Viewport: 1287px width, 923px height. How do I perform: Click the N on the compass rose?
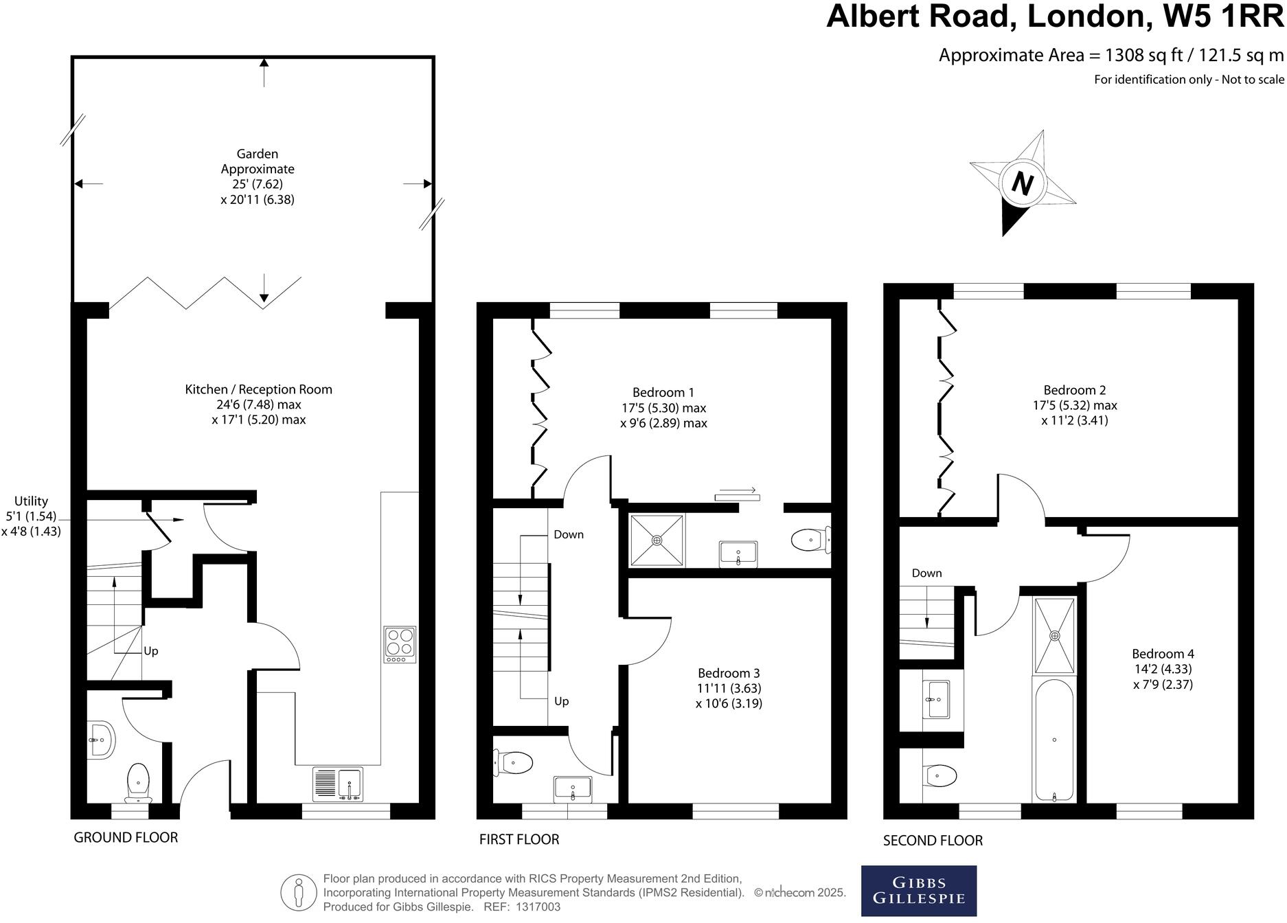pyautogui.click(x=1022, y=184)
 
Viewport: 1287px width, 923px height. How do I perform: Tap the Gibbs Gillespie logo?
pyautogui.click(x=918, y=891)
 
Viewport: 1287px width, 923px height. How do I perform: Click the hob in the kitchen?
pyautogui.click(x=400, y=644)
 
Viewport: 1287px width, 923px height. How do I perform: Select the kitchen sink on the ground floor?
pyautogui.click(x=337, y=784)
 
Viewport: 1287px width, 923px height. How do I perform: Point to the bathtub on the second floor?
pyautogui.click(x=1053, y=740)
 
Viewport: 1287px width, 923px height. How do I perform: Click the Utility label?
pyautogui.click(x=32, y=501)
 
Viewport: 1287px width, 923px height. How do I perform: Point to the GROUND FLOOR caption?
pyautogui.click(x=126, y=837)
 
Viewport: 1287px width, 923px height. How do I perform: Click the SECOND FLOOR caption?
pyautogui.click(x=933, y=840)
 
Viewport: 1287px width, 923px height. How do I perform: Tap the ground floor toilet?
pyautogui.click(x=139, y=782)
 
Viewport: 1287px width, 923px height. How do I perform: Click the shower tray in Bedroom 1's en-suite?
pyautogui.click(x=657, y=540)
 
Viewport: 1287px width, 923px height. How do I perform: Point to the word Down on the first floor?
pyautogui.click(x=569, y=534)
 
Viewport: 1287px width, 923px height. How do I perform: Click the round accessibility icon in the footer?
pyautogui.click(x=298, y=893)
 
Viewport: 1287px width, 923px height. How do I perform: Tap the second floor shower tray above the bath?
pyautogui.click(x=1054, y=635)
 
